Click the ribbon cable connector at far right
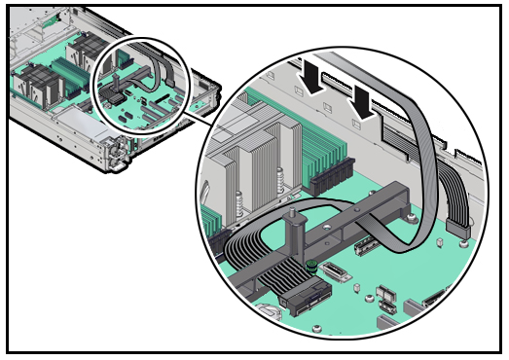(x=454, y=227)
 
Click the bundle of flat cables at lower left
(x=248, y=258)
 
